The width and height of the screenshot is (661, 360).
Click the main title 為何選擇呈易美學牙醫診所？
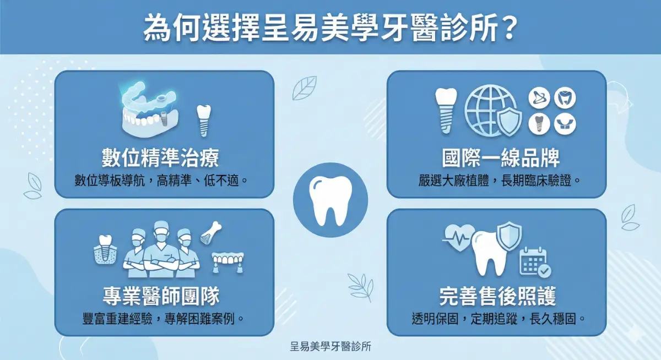(x=330, y=28)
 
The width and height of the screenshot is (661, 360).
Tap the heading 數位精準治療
(x=160, y=158)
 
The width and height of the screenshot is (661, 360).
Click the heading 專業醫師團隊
(x=161, y=296)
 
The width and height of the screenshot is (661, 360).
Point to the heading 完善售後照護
(x=497, y=297)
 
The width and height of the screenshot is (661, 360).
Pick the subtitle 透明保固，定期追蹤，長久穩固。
(x=497, y=318)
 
